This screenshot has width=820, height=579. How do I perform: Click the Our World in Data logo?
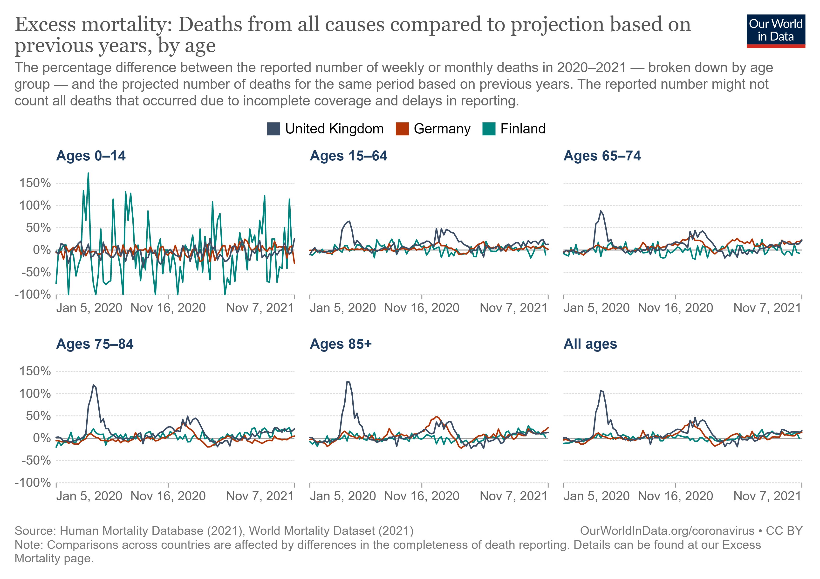click(x=775, y=31)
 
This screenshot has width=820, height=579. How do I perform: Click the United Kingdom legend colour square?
click(x=273, y=129)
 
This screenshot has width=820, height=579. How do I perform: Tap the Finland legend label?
click(x=522, y=129)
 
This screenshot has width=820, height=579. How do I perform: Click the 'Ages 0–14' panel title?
click(x=91, y=156)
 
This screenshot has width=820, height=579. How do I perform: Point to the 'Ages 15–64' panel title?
click(x=348, y=156)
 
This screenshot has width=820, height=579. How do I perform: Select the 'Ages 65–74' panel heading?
click(x=602, y=156)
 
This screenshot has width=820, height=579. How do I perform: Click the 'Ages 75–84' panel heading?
click(x=95, y=344)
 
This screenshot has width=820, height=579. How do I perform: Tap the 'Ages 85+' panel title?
click(x=341, y=344)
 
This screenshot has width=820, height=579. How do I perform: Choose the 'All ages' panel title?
click(x=590, y=344)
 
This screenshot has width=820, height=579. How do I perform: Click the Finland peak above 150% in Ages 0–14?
click(x=88, y=174)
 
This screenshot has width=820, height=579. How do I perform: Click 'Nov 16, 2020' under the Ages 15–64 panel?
click(x=422, y=308)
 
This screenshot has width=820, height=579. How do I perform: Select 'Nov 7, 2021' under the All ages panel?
click(x=767, y=496)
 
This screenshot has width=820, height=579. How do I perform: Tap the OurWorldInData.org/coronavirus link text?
click(x=667, y=531)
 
